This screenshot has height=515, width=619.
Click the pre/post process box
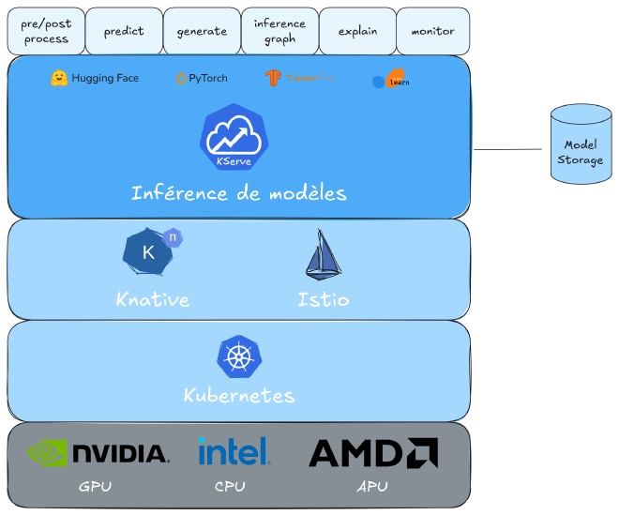(46, 31)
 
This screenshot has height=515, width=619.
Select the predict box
(124, 31)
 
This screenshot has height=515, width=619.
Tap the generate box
(202, 31)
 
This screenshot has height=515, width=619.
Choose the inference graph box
(279, 31)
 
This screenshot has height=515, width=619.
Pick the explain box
(357, 31)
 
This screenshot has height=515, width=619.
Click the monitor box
(432, 31)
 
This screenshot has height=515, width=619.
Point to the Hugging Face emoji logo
(58, 78)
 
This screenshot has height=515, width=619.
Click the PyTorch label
(207, 79)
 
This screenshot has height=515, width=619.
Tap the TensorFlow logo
(274, 78)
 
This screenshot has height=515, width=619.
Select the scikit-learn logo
(390, 81)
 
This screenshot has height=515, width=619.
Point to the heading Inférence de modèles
(238, 194)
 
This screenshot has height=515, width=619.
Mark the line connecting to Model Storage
(507, 149)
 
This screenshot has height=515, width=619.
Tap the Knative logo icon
(151, 251)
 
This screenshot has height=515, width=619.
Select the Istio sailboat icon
(323, 256)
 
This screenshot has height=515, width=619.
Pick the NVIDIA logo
(98, 453)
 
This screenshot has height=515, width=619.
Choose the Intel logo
(234, 451)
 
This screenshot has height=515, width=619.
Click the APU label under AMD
(371, 487)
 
